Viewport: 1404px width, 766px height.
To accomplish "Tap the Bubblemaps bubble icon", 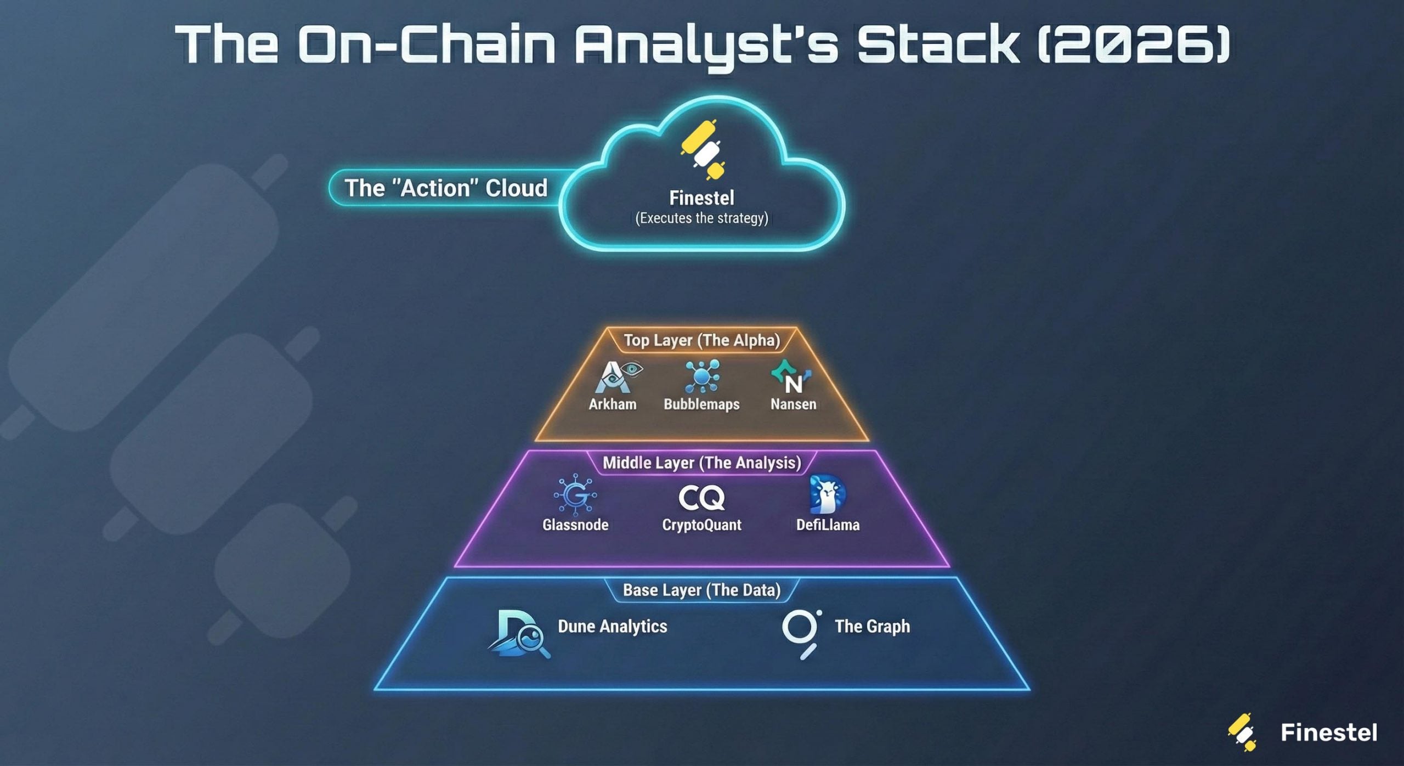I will click(x=702, y=376).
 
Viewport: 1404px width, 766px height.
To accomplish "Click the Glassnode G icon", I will click(x=575, y=495).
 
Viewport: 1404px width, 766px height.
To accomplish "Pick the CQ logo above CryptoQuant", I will click(x=701, y=498).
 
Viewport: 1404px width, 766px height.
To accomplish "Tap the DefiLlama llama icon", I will click(x=827, y=494).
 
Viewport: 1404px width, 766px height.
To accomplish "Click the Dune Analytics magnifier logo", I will click(x=518, y=634).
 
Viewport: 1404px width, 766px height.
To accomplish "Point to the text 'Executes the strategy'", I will click(x=701, y=218).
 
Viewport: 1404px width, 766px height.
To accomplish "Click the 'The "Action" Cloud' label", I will click(x=445, y=188).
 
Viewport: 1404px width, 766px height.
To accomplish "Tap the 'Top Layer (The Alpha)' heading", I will click(x=701, y=340).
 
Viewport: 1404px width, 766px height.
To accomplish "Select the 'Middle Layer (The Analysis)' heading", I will click(x=701, y=463).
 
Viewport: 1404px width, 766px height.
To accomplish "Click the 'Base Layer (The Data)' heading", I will click(x=701, y=590).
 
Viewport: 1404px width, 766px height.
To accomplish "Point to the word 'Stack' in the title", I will click(x=938, y=44).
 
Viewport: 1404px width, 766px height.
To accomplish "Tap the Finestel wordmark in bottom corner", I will click(x=1328, y=733).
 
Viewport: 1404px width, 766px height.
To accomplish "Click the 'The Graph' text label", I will click(x=872, y=626).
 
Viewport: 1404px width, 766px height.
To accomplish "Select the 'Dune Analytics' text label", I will click(x=612, y=626).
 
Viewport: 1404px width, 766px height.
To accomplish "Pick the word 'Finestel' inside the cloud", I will click(x=701, y=198).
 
